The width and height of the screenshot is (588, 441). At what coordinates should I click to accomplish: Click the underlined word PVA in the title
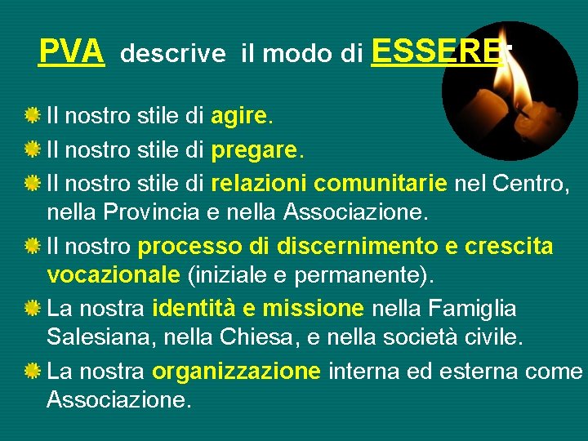(x=72, y=53)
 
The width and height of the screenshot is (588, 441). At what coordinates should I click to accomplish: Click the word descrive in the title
(x=172, y=55)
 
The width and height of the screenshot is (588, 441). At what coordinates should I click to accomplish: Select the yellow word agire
(x=238, y=117)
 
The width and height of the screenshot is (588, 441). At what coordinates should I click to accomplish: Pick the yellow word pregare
(x=255, y=151)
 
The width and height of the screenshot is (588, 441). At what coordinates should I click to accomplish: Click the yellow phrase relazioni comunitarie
(x=329, y=183)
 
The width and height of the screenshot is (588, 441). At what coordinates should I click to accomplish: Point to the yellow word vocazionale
(x=114, y=278)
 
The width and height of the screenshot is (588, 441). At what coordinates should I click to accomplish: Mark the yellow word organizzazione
(x=236, y=372)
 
